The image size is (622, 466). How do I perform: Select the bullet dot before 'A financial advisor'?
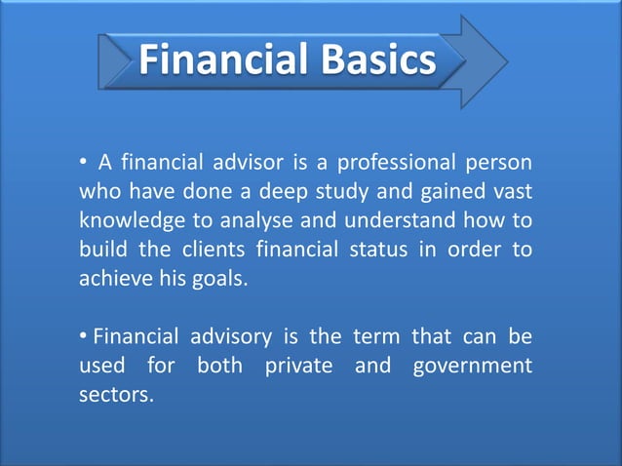click(x=85, y=162)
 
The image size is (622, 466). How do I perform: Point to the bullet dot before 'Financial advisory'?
click(x=85, y=338)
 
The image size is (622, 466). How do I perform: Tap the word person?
click(x=503, y=161)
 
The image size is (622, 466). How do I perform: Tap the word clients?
click(x=215, y=249)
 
